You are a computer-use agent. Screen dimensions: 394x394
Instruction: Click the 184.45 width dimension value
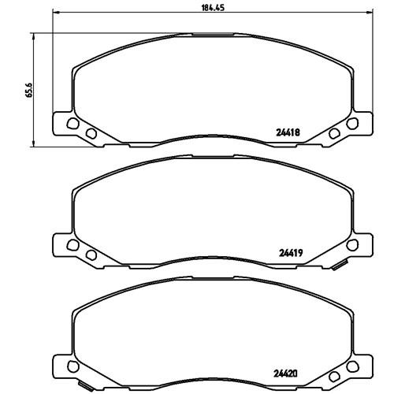point(213,8)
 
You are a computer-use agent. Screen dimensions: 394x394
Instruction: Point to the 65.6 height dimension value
point(29,90)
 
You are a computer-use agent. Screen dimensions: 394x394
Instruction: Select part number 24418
point(288,132)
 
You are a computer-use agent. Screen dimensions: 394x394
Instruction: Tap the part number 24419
point(291,253)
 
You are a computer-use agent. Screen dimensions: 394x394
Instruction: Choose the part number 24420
point(285,374)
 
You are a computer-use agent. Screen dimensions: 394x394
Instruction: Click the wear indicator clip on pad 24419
point(340,266)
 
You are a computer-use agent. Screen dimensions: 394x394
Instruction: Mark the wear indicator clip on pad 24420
point(86,386)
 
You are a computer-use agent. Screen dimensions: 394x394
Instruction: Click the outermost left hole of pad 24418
point(72,124)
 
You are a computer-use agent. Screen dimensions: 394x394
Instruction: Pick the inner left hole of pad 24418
point(91,133)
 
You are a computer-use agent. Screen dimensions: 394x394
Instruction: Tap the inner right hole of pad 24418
point(334,133)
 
